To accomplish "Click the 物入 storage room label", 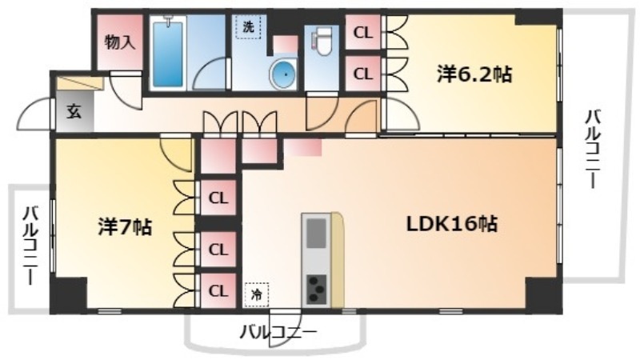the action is click(x=119, y=42).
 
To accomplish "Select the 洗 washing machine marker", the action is click(x=248, y=27).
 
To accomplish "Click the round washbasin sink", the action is click(x=283, y=74).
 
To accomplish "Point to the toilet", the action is click(x=322, y=44).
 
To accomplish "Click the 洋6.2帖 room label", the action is click(x=474, y=74).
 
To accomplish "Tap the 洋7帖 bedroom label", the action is click(x=125, y=226).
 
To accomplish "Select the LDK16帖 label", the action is click(x=452, y=224).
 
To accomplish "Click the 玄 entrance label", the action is click(x=74, y=111).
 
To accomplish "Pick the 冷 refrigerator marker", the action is click(x=257, y=294).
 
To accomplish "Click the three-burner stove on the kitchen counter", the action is click(x=317, y=290).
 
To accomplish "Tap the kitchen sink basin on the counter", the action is click(x=316, y=233).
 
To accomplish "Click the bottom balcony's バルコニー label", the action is click(x=278, y=332).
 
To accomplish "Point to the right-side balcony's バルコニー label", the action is click(x=593, y=149).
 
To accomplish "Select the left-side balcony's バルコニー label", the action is click(x=30, y=246).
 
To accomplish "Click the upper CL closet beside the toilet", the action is click(x=363, y=33).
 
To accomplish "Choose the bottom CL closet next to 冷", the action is click(x=218, y=290).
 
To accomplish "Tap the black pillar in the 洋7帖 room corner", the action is click(x=69, y=294).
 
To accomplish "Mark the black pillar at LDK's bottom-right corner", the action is click(x=544, y=295).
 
